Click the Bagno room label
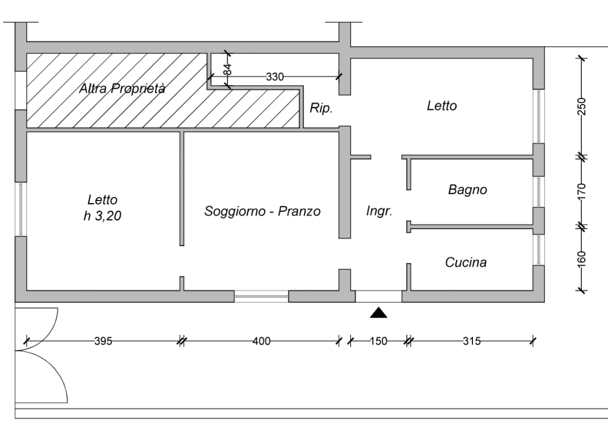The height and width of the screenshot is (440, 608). click(x=468, y=190)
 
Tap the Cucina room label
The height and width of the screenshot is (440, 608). click(x=466, y=263)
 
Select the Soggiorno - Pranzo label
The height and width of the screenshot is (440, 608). click(x=262, y=211)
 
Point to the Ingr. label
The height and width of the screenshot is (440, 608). click(x=379, y=211)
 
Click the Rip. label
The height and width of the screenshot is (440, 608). click(x=320, y=109)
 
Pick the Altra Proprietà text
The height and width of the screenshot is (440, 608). click(x=122, y=89)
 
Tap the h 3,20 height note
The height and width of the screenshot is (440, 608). click(x=102, y=215)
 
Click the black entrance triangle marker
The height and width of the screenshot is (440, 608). click(x=378, y=312)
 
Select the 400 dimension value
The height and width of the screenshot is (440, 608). click(x=261, y=341)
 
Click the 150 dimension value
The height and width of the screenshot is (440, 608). click(x=378, y=341)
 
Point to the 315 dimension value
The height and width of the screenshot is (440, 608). click(x=471, y=341)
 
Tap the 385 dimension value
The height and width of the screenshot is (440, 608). click(x=103, y=341)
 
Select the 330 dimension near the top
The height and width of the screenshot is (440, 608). click(x=275, y=77)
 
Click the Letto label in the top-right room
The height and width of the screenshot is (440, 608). click(x=441, y=106)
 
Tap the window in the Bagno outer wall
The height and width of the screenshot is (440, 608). click(x=538, y=191)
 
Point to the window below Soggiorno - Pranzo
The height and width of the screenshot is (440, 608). click(x=261, y=296)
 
